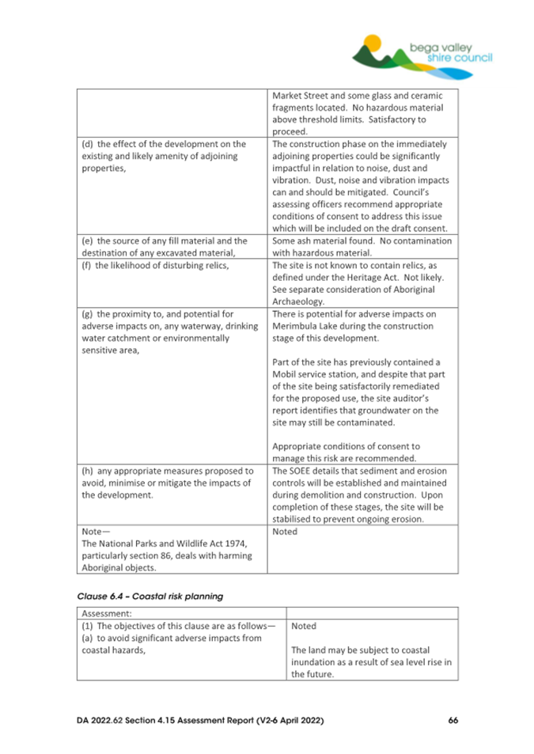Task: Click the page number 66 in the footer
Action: point(453,720)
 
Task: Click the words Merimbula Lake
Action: point(305,326)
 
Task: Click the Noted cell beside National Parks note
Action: point(284,532)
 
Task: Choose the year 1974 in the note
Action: point(243,544)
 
